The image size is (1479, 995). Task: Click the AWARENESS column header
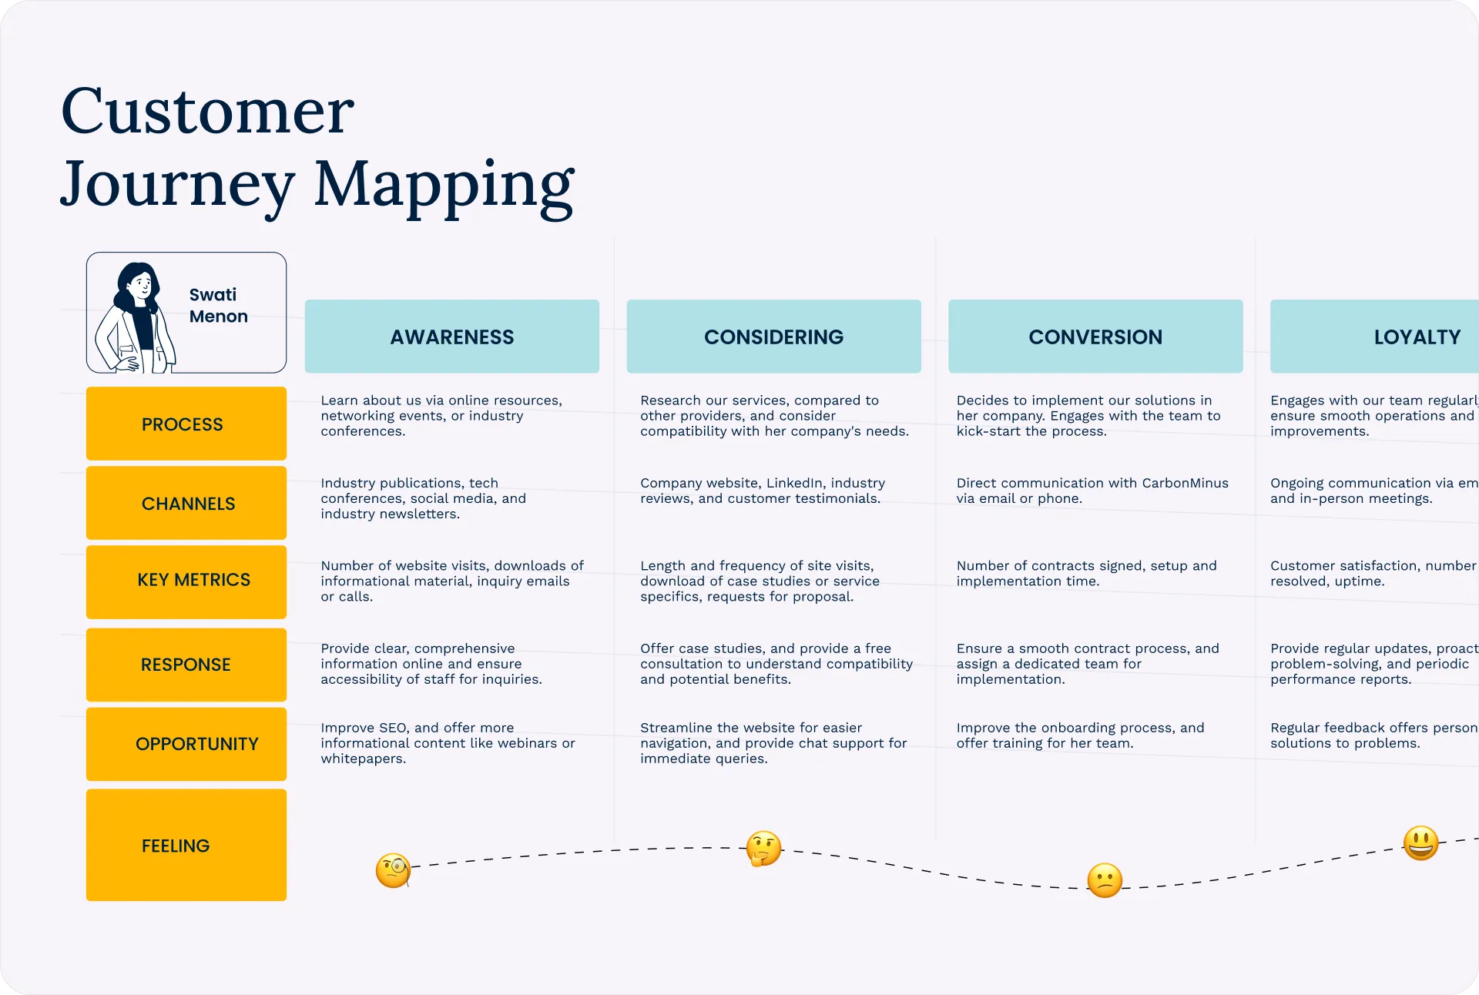(451, 337)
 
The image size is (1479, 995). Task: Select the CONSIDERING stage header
(773, 337)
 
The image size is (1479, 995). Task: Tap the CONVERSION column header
(1095, 337)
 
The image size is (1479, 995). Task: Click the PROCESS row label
(186, 424)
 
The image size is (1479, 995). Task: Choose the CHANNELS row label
(186, 503)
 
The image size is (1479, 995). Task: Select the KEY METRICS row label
(186, 580)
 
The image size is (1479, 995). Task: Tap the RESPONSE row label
(186, 665)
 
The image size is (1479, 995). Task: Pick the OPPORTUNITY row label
(186, 744)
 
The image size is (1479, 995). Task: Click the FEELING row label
(186, 846)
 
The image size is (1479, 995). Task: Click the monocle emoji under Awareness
(393, 870)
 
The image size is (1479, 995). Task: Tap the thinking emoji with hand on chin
(763, 849)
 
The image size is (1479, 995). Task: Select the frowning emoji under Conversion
(1105, 880)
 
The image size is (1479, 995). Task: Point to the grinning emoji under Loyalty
(1420, 843)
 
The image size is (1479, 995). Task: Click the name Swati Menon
(218, 306)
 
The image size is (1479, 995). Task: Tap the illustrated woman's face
(141, 287)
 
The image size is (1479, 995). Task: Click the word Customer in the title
(207, 112)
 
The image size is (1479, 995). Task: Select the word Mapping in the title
(444, 185)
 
